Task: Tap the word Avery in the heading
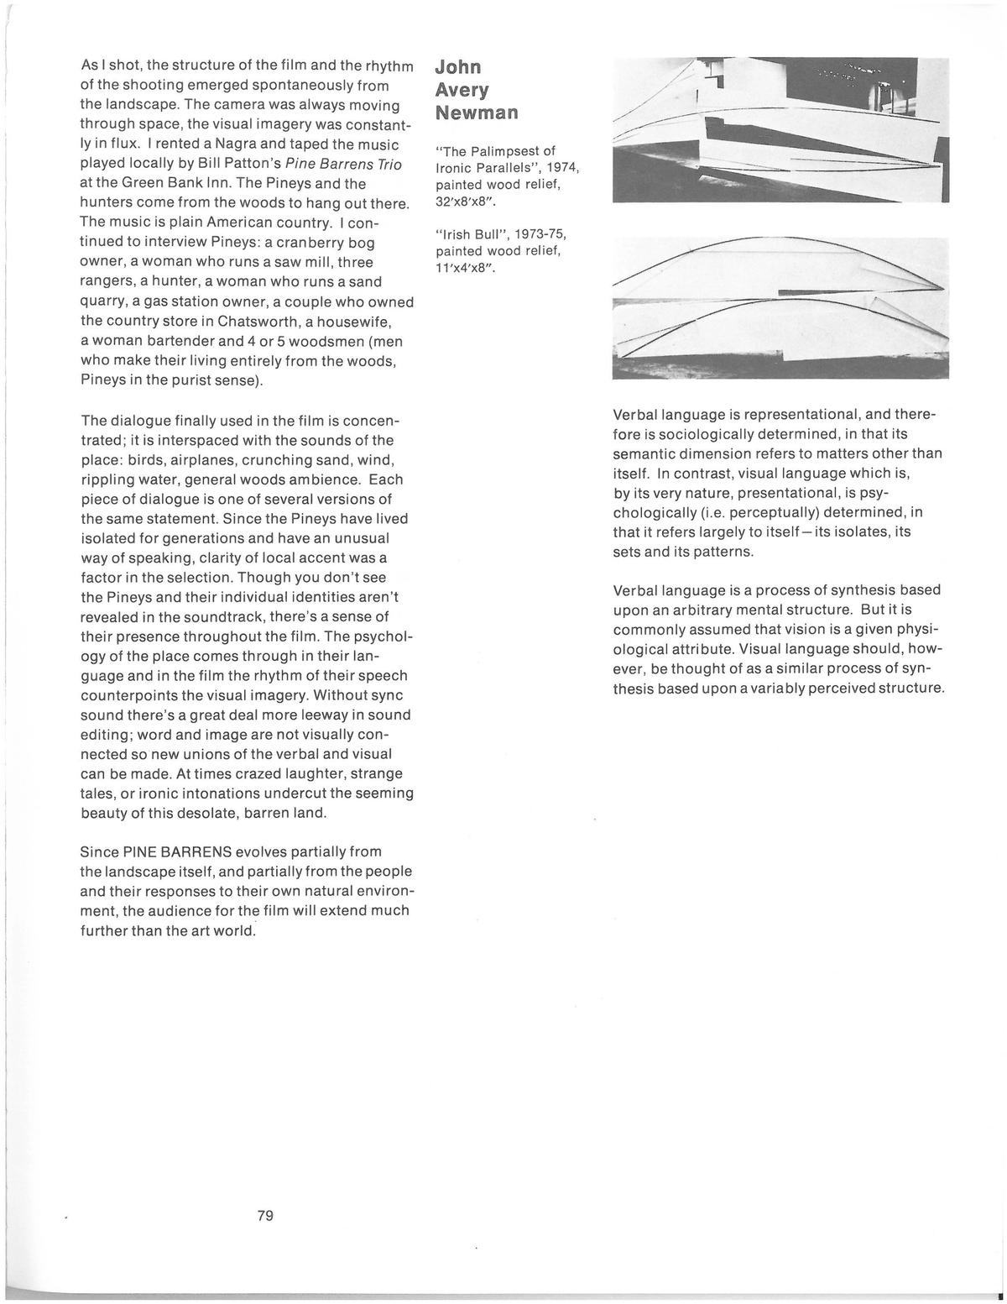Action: pos(462,90)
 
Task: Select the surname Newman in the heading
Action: pos(477,113)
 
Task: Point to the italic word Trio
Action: pos(389,162)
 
